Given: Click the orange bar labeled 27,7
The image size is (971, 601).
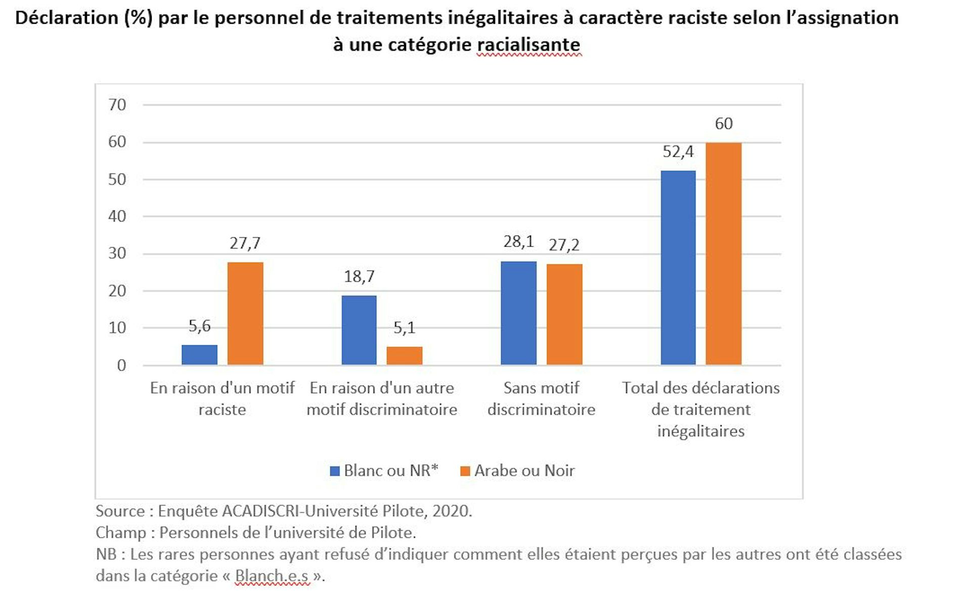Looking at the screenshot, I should point(245,313).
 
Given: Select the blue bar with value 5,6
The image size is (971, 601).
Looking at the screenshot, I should point(199,355).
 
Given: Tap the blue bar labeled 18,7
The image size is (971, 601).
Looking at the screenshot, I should point(359,330).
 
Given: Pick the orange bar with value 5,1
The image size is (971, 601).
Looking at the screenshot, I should point(404,356).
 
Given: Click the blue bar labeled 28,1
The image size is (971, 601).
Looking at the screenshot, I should point(518,313).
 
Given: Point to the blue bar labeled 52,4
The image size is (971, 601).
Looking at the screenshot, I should point(678,268).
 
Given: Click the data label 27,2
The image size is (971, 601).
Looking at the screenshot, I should point(564,245).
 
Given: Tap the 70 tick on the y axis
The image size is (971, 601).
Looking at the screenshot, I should point(117,105).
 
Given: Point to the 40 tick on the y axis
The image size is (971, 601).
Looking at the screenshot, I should point(117,216).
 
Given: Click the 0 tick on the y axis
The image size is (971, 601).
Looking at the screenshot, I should point(121,365).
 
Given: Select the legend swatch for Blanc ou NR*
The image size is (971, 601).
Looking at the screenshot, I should point(334,471).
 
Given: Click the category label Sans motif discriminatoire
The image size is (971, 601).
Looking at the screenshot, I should point(541,398).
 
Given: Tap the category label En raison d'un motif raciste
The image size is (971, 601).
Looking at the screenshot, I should point(222,398).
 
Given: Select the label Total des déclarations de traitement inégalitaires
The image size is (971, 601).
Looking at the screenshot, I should point(700,409).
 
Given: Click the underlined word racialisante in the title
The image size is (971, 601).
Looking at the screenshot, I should point(528,44).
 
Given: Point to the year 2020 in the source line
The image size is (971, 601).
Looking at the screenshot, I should point(452,511).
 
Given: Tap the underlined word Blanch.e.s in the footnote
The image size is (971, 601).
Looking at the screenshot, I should point(272,576).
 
